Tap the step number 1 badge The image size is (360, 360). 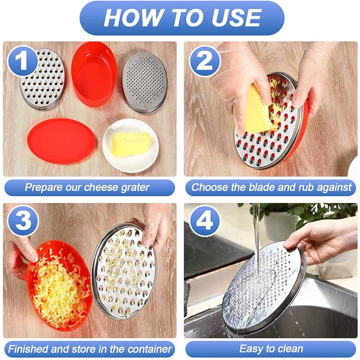pos(21,60)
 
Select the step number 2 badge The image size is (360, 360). pos(205,60)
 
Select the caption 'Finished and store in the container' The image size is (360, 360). pos(90,349)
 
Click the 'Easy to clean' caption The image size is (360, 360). pos(271,349)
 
